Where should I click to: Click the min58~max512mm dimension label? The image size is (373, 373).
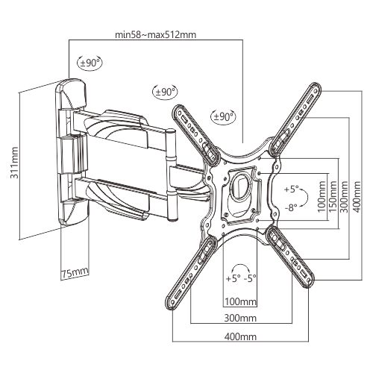155,34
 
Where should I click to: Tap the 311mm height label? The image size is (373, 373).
14,163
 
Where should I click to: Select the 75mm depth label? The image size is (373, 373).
75,273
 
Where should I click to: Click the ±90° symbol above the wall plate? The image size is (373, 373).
90,63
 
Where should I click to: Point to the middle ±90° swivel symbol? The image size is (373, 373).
165,92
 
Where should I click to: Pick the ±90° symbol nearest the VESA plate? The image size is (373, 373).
224,116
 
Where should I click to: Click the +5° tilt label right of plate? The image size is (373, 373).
291,189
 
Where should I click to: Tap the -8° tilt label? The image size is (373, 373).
291,207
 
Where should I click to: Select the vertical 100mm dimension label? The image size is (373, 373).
322,196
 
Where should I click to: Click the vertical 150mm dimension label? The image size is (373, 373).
333,196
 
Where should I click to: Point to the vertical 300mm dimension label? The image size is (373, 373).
344,196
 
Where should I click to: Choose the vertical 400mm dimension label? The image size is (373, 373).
357,196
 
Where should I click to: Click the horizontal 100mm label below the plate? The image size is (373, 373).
240,302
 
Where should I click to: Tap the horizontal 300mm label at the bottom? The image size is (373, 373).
240,318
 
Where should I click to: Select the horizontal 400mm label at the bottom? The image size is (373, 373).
240,336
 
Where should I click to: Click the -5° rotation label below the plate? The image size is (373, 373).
250,278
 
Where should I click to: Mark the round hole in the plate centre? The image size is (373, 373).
239,186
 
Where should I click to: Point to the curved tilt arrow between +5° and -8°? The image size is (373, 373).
308,198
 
